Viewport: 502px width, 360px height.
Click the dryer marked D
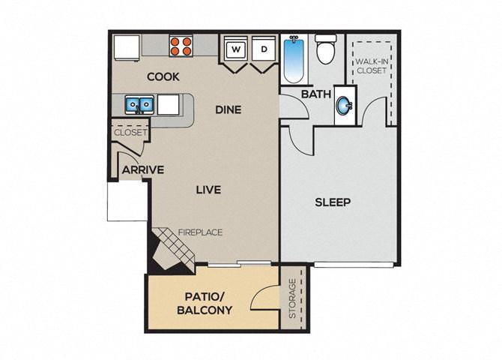tap(264, 49)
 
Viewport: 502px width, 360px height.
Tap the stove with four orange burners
tap(180, 46)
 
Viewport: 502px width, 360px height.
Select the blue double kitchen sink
tap(139, 104)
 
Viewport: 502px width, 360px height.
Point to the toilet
tap(326, 49)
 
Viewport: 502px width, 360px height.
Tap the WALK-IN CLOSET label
tap(371, 66)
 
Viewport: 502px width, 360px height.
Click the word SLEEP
tap(333, 202)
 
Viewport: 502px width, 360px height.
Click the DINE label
tap(228, 109)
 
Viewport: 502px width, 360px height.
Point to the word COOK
tap(163, 76)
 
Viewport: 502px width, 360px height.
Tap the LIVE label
tap(208, 190)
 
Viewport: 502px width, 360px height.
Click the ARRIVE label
tap(143, 169)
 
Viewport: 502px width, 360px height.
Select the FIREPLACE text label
tap(200, 232)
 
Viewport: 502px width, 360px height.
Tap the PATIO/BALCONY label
tap(205, 302)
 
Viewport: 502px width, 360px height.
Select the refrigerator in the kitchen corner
tap(126, 47)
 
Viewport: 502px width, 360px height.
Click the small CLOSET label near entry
tap(130, 133)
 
